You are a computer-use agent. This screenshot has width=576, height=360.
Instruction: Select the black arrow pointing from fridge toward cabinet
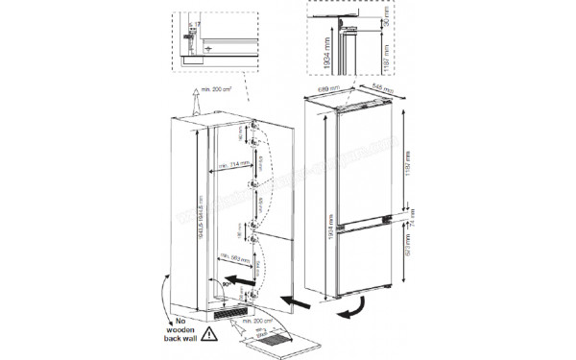[299, 304]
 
